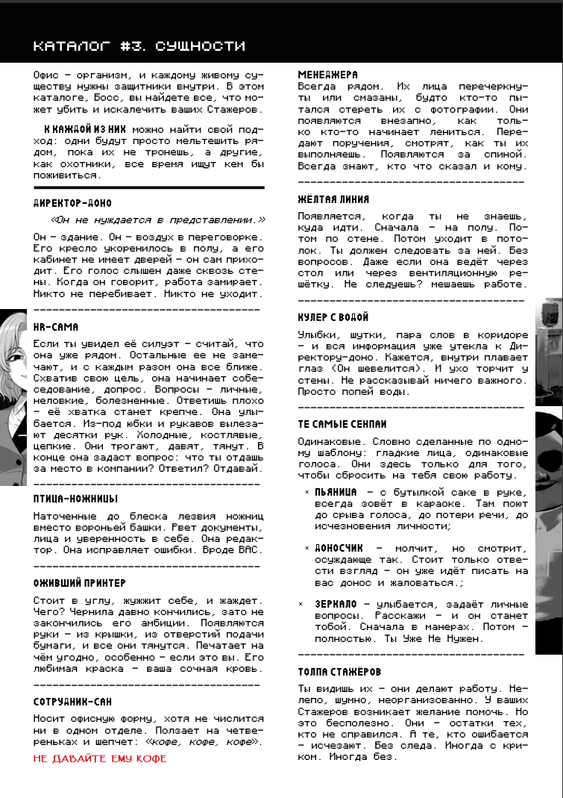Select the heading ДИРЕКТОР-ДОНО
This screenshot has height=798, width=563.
(73, 203)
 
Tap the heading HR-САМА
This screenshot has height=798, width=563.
(56, 327)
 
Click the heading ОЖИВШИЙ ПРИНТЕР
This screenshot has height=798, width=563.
(80, 582)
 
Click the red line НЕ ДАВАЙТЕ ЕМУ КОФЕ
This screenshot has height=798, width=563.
(100, 758)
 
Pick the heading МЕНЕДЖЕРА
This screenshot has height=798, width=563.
(328, 75)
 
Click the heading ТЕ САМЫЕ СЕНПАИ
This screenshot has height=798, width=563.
(342, 424)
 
